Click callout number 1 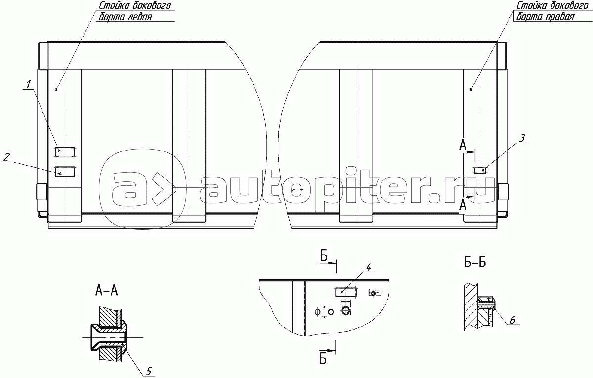(x=28, y=84)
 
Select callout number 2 (x=6, y=157)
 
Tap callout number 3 (x=522, y=138)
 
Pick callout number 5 (x=149, y=371)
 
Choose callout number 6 (x=513, y=320)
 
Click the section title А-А (x=106, y=291)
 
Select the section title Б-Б (x=475, y=263)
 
